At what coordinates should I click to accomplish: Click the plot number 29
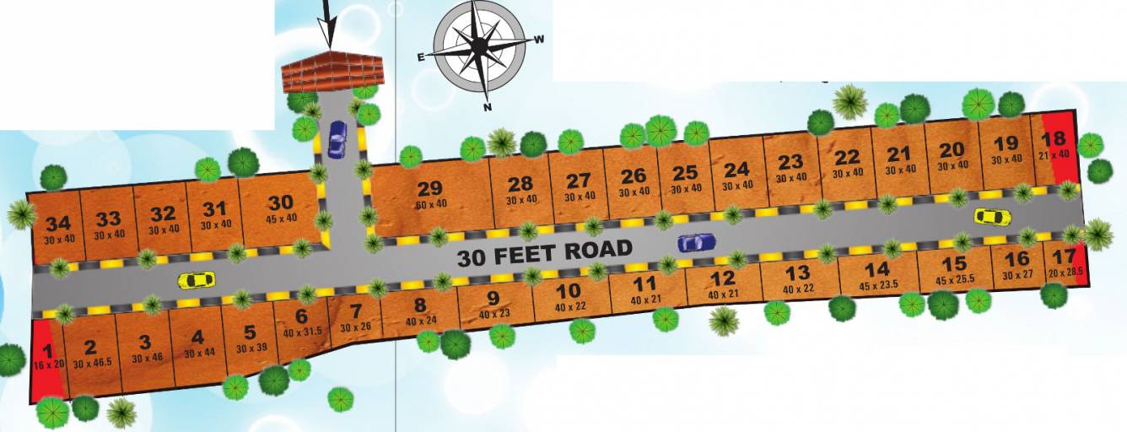point(430,189)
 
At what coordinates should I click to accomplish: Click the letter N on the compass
point(487,107)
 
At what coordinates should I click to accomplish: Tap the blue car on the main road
point(696,243)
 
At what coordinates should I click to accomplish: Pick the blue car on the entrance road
point(337,138)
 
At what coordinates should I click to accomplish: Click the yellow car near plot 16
point(992,217)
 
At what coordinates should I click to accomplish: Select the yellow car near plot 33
point(196,279)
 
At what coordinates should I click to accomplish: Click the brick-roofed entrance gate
point(332,74)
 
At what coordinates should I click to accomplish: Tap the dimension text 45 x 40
point(281,218)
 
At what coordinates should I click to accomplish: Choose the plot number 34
point(58,224)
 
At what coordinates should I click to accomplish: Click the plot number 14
point(877,269)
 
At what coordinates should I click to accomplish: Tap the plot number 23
point(790,162)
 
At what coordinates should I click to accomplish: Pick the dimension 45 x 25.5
point(954,279)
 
